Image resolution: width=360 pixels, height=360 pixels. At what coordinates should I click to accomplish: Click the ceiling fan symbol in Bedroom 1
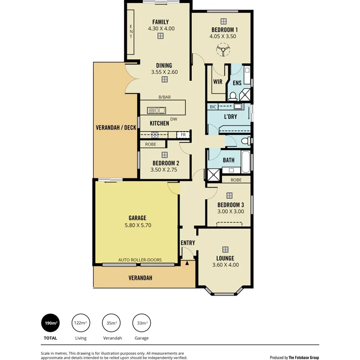222,50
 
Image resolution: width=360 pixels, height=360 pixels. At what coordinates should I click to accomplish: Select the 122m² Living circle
80,323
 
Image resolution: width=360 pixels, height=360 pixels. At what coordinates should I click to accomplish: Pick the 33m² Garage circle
142,323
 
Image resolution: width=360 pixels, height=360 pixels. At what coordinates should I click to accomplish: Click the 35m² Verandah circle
112,323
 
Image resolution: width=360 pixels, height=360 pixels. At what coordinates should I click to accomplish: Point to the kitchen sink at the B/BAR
156,110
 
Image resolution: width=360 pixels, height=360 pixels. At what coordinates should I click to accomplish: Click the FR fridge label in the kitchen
183,135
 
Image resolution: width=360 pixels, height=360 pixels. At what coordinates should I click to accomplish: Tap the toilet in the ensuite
233,96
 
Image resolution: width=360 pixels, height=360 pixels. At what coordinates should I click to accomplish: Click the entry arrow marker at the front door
187,263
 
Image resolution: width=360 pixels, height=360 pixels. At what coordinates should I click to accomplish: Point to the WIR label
218,82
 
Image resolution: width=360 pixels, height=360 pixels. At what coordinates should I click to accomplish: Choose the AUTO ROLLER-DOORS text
140,260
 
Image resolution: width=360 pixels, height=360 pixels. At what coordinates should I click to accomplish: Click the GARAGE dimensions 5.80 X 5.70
137,225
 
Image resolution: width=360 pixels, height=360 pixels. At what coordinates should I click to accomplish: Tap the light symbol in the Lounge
225,249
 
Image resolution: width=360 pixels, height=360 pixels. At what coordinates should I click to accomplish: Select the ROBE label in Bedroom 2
150,144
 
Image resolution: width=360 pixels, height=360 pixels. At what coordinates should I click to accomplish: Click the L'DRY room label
230,117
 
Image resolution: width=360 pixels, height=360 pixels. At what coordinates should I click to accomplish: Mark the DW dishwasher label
174,119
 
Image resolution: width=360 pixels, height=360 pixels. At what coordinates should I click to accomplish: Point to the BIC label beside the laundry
213,107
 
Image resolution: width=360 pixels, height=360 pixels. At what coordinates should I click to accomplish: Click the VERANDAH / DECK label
116,128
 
